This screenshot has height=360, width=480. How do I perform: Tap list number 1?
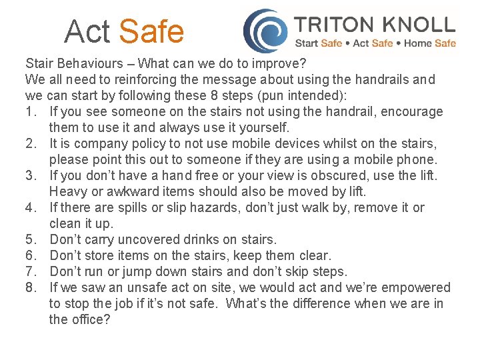click(30, 112)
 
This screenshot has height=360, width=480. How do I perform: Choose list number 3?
click(30, 176)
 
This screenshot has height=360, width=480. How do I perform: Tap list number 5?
click(30, 240)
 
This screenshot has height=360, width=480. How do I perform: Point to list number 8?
click(30, 288)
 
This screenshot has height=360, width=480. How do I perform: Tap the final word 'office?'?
click(89, 320)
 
